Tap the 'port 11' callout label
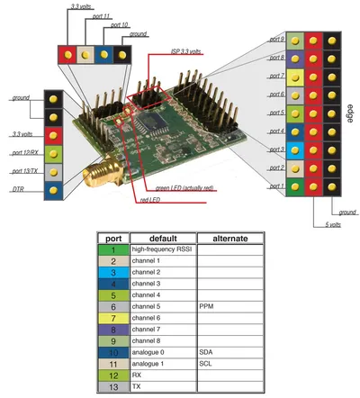pyautogui.click(x=101, y=16)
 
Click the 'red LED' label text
pyautogui.click(x=150, y=200)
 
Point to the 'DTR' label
pyautogui.click(x=18, y=189)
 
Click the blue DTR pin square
pyautogui.click(x=53, y=191)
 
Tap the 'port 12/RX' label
pyautogui.click(x=25, y=153)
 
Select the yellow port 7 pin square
pyautogui.click(x=295, y=77)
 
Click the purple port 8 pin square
pyautogui.click(x=295, y=59)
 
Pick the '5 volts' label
pyautogui.click(x=333, y=224)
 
